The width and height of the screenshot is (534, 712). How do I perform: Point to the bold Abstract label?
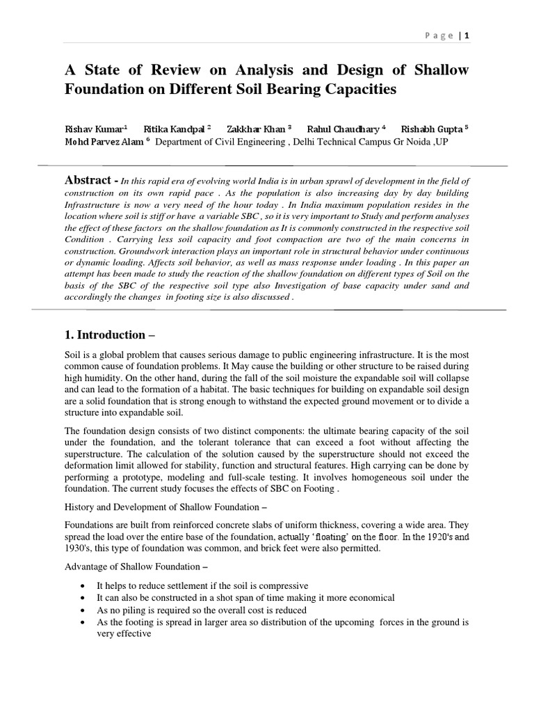[88, 180]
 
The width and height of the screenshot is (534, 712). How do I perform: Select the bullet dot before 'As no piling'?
[84, 610]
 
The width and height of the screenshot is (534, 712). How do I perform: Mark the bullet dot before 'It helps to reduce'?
[84, 586]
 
